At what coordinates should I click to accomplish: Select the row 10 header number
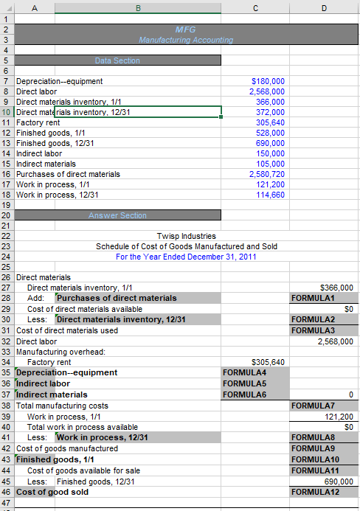point(6,112)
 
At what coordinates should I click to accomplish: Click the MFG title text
point(185,29)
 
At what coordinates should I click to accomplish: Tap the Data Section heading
point(117,60)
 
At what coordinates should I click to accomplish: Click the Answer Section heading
point(117,215)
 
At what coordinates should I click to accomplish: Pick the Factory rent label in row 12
point(37,122)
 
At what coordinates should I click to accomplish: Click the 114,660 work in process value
point(269,195)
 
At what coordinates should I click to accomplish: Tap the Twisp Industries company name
point(186,236)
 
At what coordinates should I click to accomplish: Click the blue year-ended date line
point(186,257)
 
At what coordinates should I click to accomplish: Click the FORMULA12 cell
point(311,492)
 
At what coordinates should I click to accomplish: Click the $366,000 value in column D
point(337,288)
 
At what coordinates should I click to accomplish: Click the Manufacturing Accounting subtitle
point(186,40)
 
